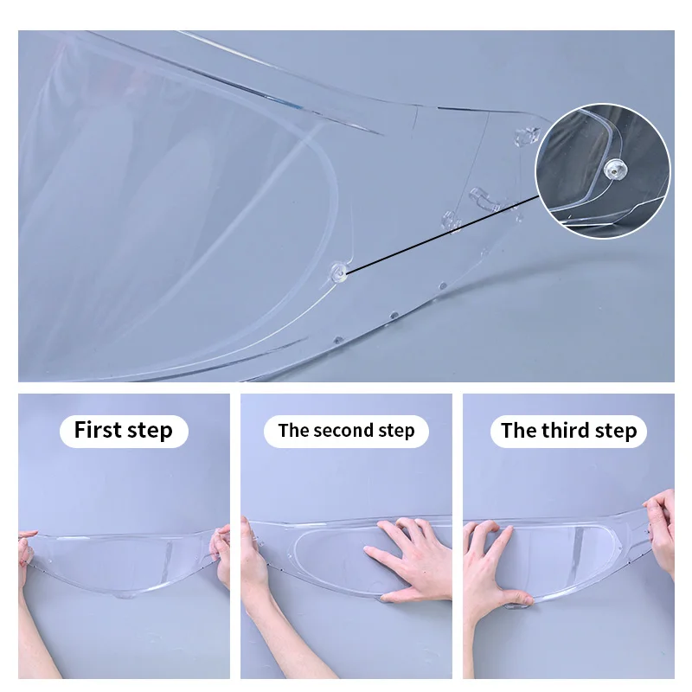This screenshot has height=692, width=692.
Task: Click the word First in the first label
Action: [x=97, y=429]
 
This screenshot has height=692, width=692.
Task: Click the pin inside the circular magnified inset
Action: [x=614, y=170]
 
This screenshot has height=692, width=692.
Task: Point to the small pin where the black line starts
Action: [x=339, y=272]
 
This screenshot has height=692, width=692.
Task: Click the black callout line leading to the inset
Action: [x=443, y=234]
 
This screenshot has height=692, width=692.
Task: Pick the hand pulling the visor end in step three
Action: [x=661, y=529]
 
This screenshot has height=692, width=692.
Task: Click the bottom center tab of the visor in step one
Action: [x=125, y=596]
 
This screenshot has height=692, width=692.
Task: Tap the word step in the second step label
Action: [x=396, y=431]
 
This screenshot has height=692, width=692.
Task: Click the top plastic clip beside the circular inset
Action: [x=528, y=136]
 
